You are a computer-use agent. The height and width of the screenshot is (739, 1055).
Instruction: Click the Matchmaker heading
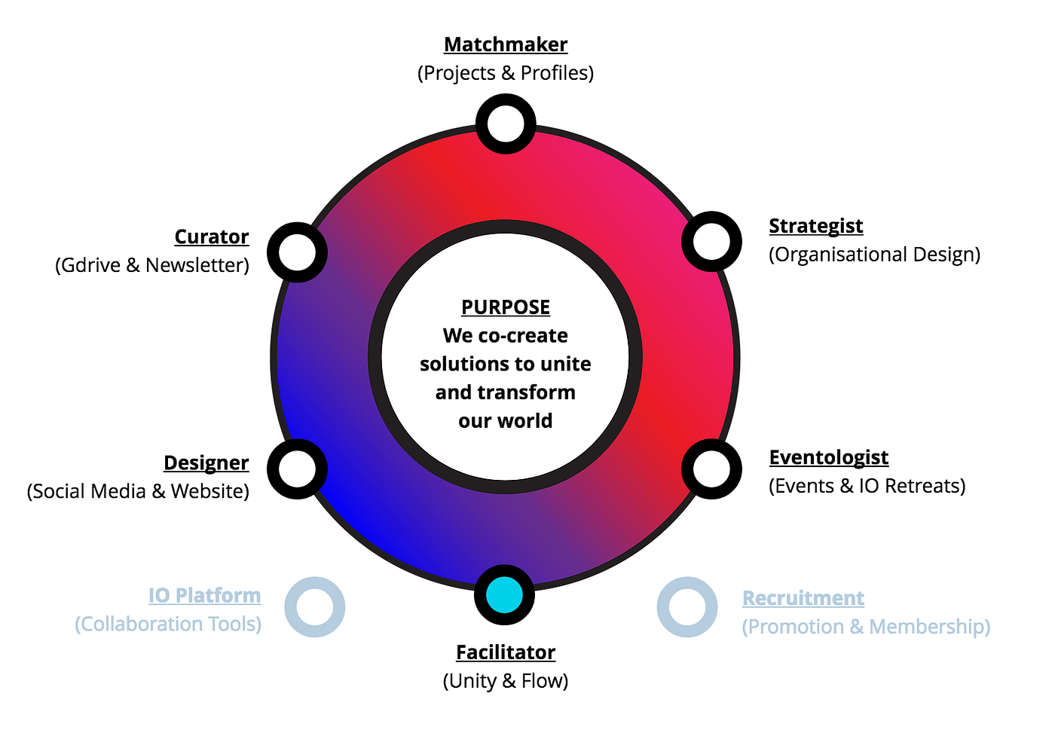(506, 44)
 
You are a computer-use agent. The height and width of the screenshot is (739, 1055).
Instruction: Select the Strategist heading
(815, 227)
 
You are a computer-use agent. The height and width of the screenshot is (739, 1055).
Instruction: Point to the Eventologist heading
(829, 457)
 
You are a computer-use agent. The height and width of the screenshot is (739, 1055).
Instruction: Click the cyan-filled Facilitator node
(504, 595)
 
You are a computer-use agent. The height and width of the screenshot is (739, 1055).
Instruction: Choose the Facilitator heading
(506, 652)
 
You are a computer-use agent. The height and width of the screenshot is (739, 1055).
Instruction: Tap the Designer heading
(206, 463)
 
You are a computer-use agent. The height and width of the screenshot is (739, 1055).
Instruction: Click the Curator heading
(212, 237)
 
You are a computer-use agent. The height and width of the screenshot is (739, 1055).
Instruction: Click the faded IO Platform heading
(204, 595)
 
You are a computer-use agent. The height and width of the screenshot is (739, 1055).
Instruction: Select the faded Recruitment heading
(803, 598)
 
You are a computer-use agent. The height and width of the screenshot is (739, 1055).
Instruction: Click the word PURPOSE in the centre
(506, 307)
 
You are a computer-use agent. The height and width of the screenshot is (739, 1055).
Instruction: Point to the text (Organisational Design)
(875, 255)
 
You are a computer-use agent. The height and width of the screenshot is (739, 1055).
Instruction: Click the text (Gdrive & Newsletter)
(152, 265)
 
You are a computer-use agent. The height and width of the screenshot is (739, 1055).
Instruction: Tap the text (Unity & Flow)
(506, 681)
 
